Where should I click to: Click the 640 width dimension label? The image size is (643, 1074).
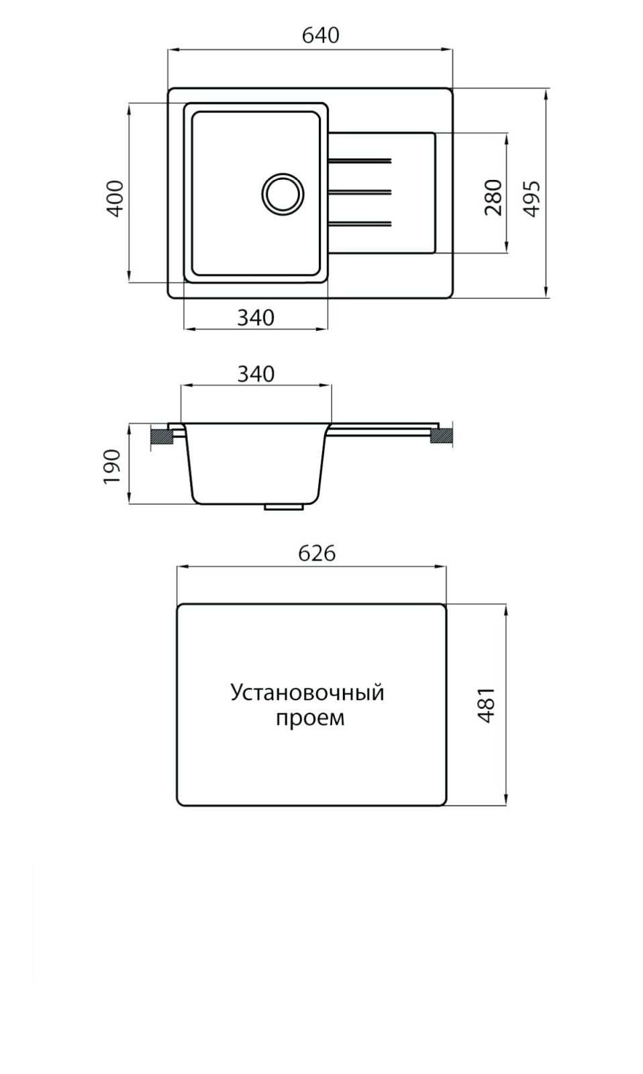tap(320, 36)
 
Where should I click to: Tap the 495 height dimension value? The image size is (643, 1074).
tap(532, 199)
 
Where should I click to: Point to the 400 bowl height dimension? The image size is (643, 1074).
tap(115, 199)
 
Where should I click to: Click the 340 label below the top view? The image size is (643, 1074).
tap(256, 318)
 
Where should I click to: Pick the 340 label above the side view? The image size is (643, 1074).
tap(256, 374)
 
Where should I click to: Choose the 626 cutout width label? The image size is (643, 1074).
tap(316, 554)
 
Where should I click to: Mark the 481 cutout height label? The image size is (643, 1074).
tap(486, 705)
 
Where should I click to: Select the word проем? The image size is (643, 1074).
tap(310, 718)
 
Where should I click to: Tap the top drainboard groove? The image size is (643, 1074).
tap(360, 160)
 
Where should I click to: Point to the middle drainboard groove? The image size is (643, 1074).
tap(360, 192)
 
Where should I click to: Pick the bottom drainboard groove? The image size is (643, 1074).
tap(360, 223)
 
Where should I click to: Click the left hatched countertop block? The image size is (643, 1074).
tap(162, 436)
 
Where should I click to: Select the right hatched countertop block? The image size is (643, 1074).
tap(442, 436)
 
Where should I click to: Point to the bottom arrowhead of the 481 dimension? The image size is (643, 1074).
tap(506, 801)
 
